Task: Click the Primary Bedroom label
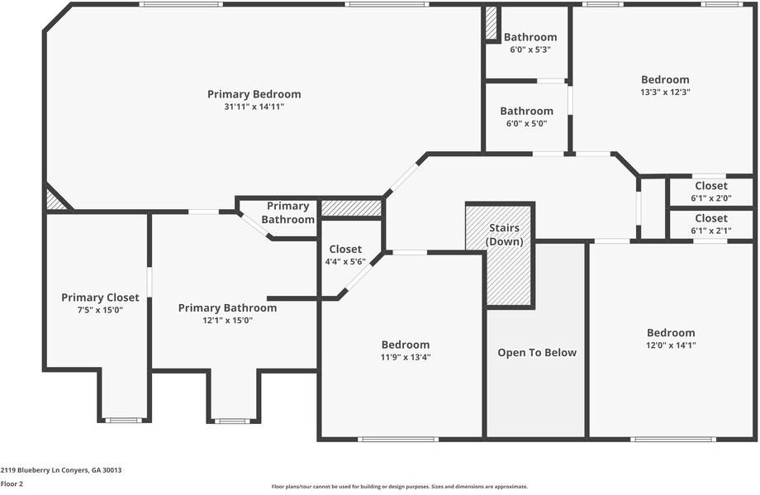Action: click(254, 94)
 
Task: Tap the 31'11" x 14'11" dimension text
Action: click(254, 107)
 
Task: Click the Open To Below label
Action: click(536, 353)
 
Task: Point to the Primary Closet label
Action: click(100, 297)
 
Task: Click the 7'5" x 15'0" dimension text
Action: click(100, 310)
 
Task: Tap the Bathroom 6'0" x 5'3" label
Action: click(530, 37)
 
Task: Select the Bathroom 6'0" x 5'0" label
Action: click(526, 111)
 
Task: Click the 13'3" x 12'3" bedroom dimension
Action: click(665, 93)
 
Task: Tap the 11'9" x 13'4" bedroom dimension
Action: click(405, 357)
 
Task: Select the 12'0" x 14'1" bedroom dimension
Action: click(671, 345)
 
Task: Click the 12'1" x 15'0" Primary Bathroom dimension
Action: click(227, 320)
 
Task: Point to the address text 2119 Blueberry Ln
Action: click(61, 469)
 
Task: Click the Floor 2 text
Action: click(12, 484)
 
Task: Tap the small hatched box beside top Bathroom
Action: click(491, 24)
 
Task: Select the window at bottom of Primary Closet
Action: click(123, 421)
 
